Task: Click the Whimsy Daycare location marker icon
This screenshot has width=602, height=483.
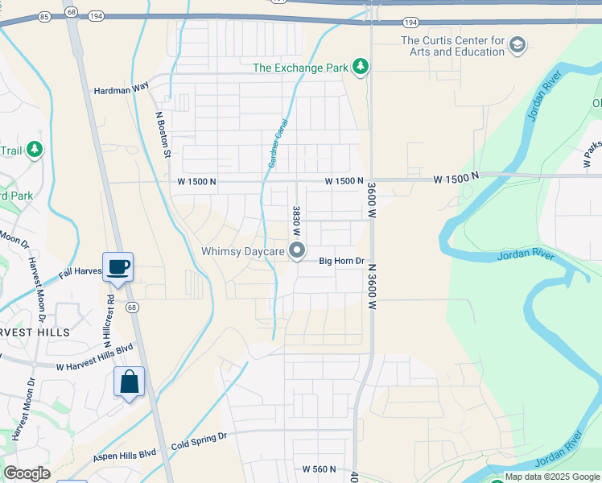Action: click(297, 251)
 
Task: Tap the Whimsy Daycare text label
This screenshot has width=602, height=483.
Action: click(243, 252)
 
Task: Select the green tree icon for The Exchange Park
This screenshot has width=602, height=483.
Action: click(361, 67)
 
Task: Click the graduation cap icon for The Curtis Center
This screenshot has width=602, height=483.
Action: click(517, 45)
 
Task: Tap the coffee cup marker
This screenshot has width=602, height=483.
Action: click(118, 266)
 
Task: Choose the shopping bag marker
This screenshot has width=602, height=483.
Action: click(130, 382)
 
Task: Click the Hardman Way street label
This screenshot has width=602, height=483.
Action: click(122, 91)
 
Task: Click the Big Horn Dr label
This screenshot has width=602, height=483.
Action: click(342, 261)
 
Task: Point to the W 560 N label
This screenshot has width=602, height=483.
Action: click(318, 469)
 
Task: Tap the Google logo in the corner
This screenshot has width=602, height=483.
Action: click(27, 473)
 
